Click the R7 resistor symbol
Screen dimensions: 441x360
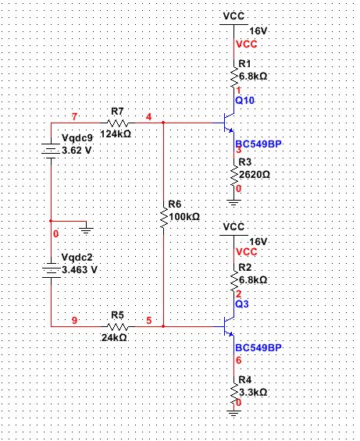[x=117, y=123]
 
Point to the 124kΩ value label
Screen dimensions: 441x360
[x=116, y=134]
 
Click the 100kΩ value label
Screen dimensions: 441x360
[x=184, y=216]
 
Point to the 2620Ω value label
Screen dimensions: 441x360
[x=254, y=174]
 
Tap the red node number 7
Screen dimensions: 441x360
[x=75, y=117]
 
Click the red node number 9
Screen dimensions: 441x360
[x=75, y=320]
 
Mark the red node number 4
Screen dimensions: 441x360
[x=149, y=117]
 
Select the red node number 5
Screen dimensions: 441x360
[x=149, y=320]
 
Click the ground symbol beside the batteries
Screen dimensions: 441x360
[x=86, y=228]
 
